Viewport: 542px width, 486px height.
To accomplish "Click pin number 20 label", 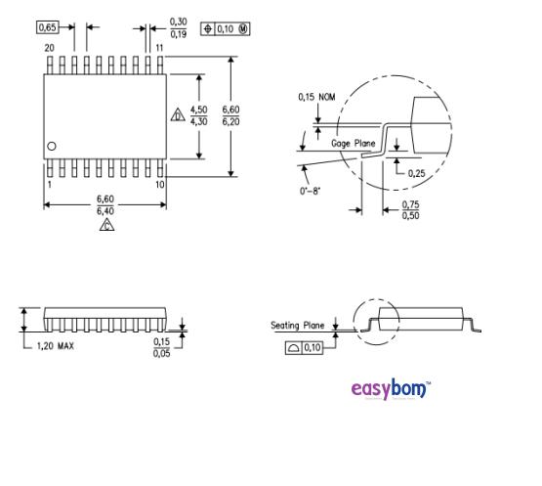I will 48,47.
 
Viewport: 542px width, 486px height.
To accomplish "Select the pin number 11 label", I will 158,47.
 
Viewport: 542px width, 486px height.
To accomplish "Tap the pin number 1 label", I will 48,184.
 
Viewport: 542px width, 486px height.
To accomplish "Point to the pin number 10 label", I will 159,184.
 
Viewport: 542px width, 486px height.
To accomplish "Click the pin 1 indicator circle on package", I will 52,146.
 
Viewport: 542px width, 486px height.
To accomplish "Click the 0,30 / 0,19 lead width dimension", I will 179,27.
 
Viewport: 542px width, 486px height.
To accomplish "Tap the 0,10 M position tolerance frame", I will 225,27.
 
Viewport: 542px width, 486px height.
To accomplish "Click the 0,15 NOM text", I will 315,97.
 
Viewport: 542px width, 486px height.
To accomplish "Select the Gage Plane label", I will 353,143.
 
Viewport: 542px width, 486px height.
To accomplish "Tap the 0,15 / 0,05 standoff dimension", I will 162,346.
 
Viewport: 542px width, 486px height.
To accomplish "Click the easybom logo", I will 390,389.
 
